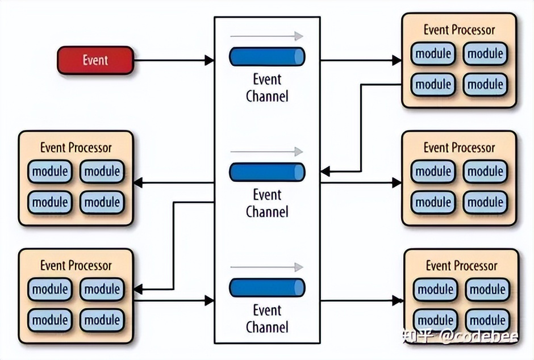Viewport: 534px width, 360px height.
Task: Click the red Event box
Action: click(95, 60)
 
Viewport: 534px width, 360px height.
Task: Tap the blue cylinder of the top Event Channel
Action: click(267, 57)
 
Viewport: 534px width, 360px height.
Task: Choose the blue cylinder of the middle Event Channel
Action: click(267, 172)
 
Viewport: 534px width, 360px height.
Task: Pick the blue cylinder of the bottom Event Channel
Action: click(267, 287)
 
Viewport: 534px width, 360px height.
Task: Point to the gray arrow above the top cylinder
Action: click(267, 36)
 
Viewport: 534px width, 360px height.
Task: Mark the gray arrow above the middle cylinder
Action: click(267, 152)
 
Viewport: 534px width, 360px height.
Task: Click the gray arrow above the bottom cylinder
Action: click(267, 267)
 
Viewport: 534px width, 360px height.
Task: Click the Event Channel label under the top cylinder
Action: click(267, 87)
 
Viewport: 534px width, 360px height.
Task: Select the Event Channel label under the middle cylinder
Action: click(267, 203)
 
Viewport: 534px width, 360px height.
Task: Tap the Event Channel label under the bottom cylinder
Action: click(267, 319)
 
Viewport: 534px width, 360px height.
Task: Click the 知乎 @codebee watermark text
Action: click(460, 337)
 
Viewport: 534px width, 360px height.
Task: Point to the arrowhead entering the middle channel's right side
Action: click(325, 171)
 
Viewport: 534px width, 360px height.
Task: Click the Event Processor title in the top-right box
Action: click(459, 30)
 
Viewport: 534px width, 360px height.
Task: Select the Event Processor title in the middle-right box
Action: click(459, 148)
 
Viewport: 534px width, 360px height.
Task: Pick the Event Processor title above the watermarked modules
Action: click(461, 265)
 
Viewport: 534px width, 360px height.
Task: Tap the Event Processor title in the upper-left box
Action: click(76, 148)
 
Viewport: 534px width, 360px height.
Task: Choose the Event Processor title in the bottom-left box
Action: click(76, 265)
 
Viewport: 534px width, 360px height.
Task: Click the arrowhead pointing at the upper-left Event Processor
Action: click(138, 183)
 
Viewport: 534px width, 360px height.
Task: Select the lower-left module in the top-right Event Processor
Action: click(433, 85)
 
